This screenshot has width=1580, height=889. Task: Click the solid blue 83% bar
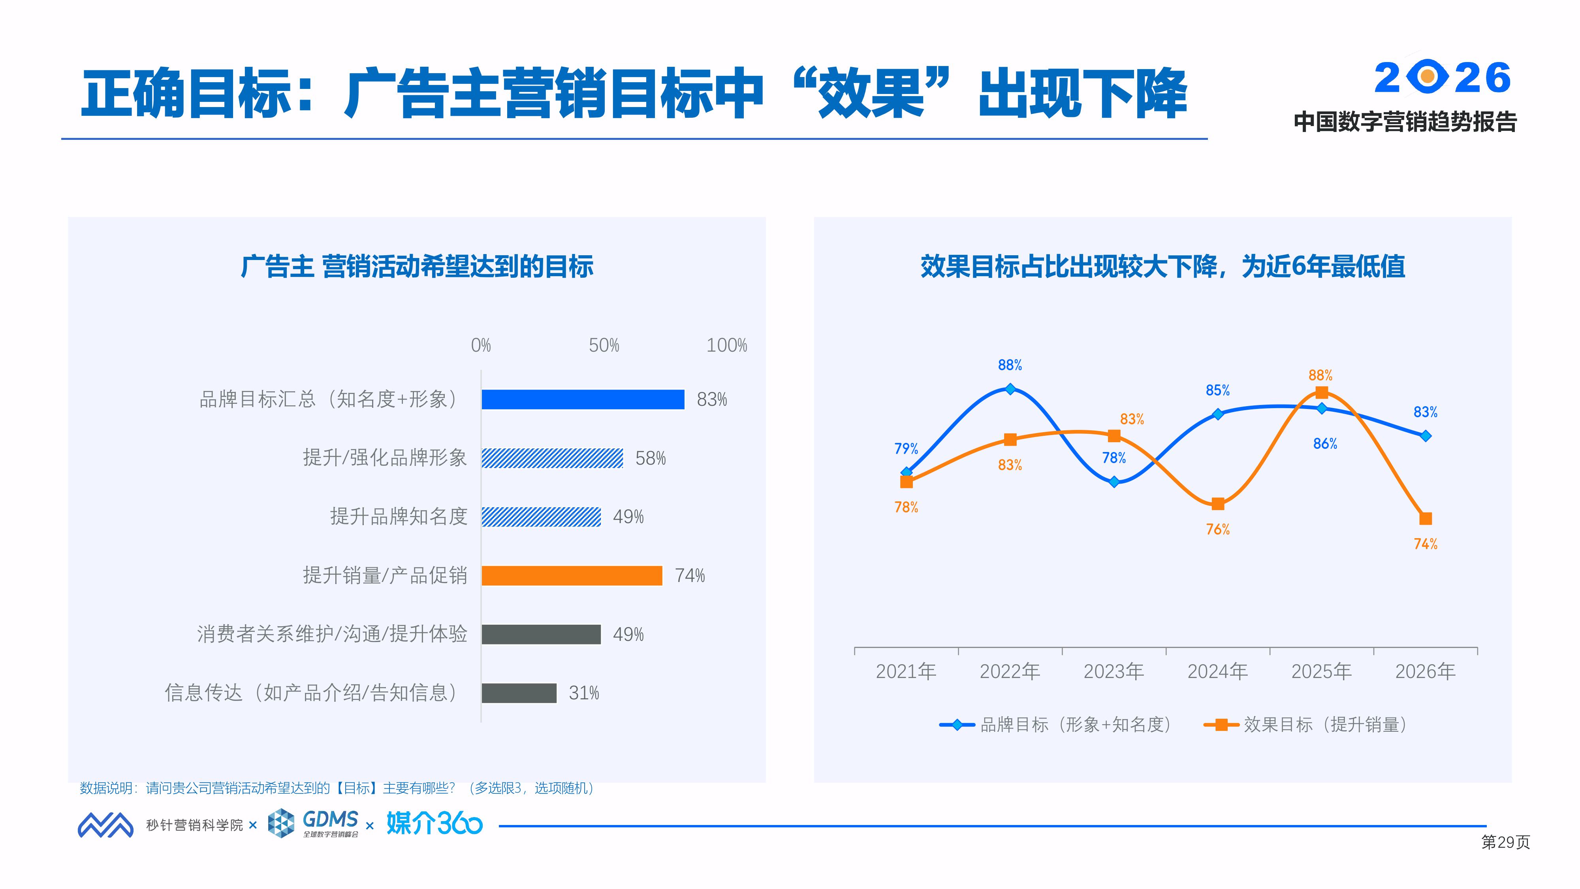(x=583, y=399)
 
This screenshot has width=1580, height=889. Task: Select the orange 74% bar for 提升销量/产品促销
(x=572, y=576)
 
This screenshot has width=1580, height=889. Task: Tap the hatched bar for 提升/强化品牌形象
(x=552, y=458)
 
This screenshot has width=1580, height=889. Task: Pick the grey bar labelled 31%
(x=519, y=693)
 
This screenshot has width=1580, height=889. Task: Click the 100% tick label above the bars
(x=727, y=345)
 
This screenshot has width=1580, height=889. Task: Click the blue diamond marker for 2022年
(x=1010, y=389)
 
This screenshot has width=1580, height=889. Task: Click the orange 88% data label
(x=1320, y=375)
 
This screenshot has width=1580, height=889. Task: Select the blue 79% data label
(x=906, y=448)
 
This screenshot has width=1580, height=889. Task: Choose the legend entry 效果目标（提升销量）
(x=1306, y=725)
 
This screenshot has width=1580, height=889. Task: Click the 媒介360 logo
(x=434, y=823)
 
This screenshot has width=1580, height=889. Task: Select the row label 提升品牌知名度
(x=399, y=516)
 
